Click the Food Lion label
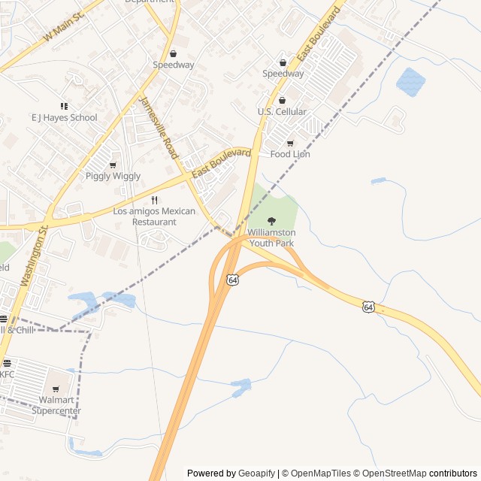[x=290, y=154]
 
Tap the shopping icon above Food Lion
[x=290, y=143]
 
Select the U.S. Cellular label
[x=282, y=112]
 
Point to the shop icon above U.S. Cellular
[x=282, y=100]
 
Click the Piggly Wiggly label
[x=113, y=176]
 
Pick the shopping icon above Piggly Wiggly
[x=113, y=165]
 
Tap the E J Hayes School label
[x=64, y=117]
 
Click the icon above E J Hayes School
[x=64, y=106]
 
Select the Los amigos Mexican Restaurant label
[x=154, y=216]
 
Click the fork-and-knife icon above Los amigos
[x=154, y=200]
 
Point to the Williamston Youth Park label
[x=271, y=237]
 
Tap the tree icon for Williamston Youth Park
[x=271, y=221]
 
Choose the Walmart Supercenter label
[x=56, y=405]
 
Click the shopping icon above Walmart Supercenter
[x=56, y=389]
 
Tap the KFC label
[x=7, y=374]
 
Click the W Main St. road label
[x=64, y=26]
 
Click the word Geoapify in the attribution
[x=256, y=473]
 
